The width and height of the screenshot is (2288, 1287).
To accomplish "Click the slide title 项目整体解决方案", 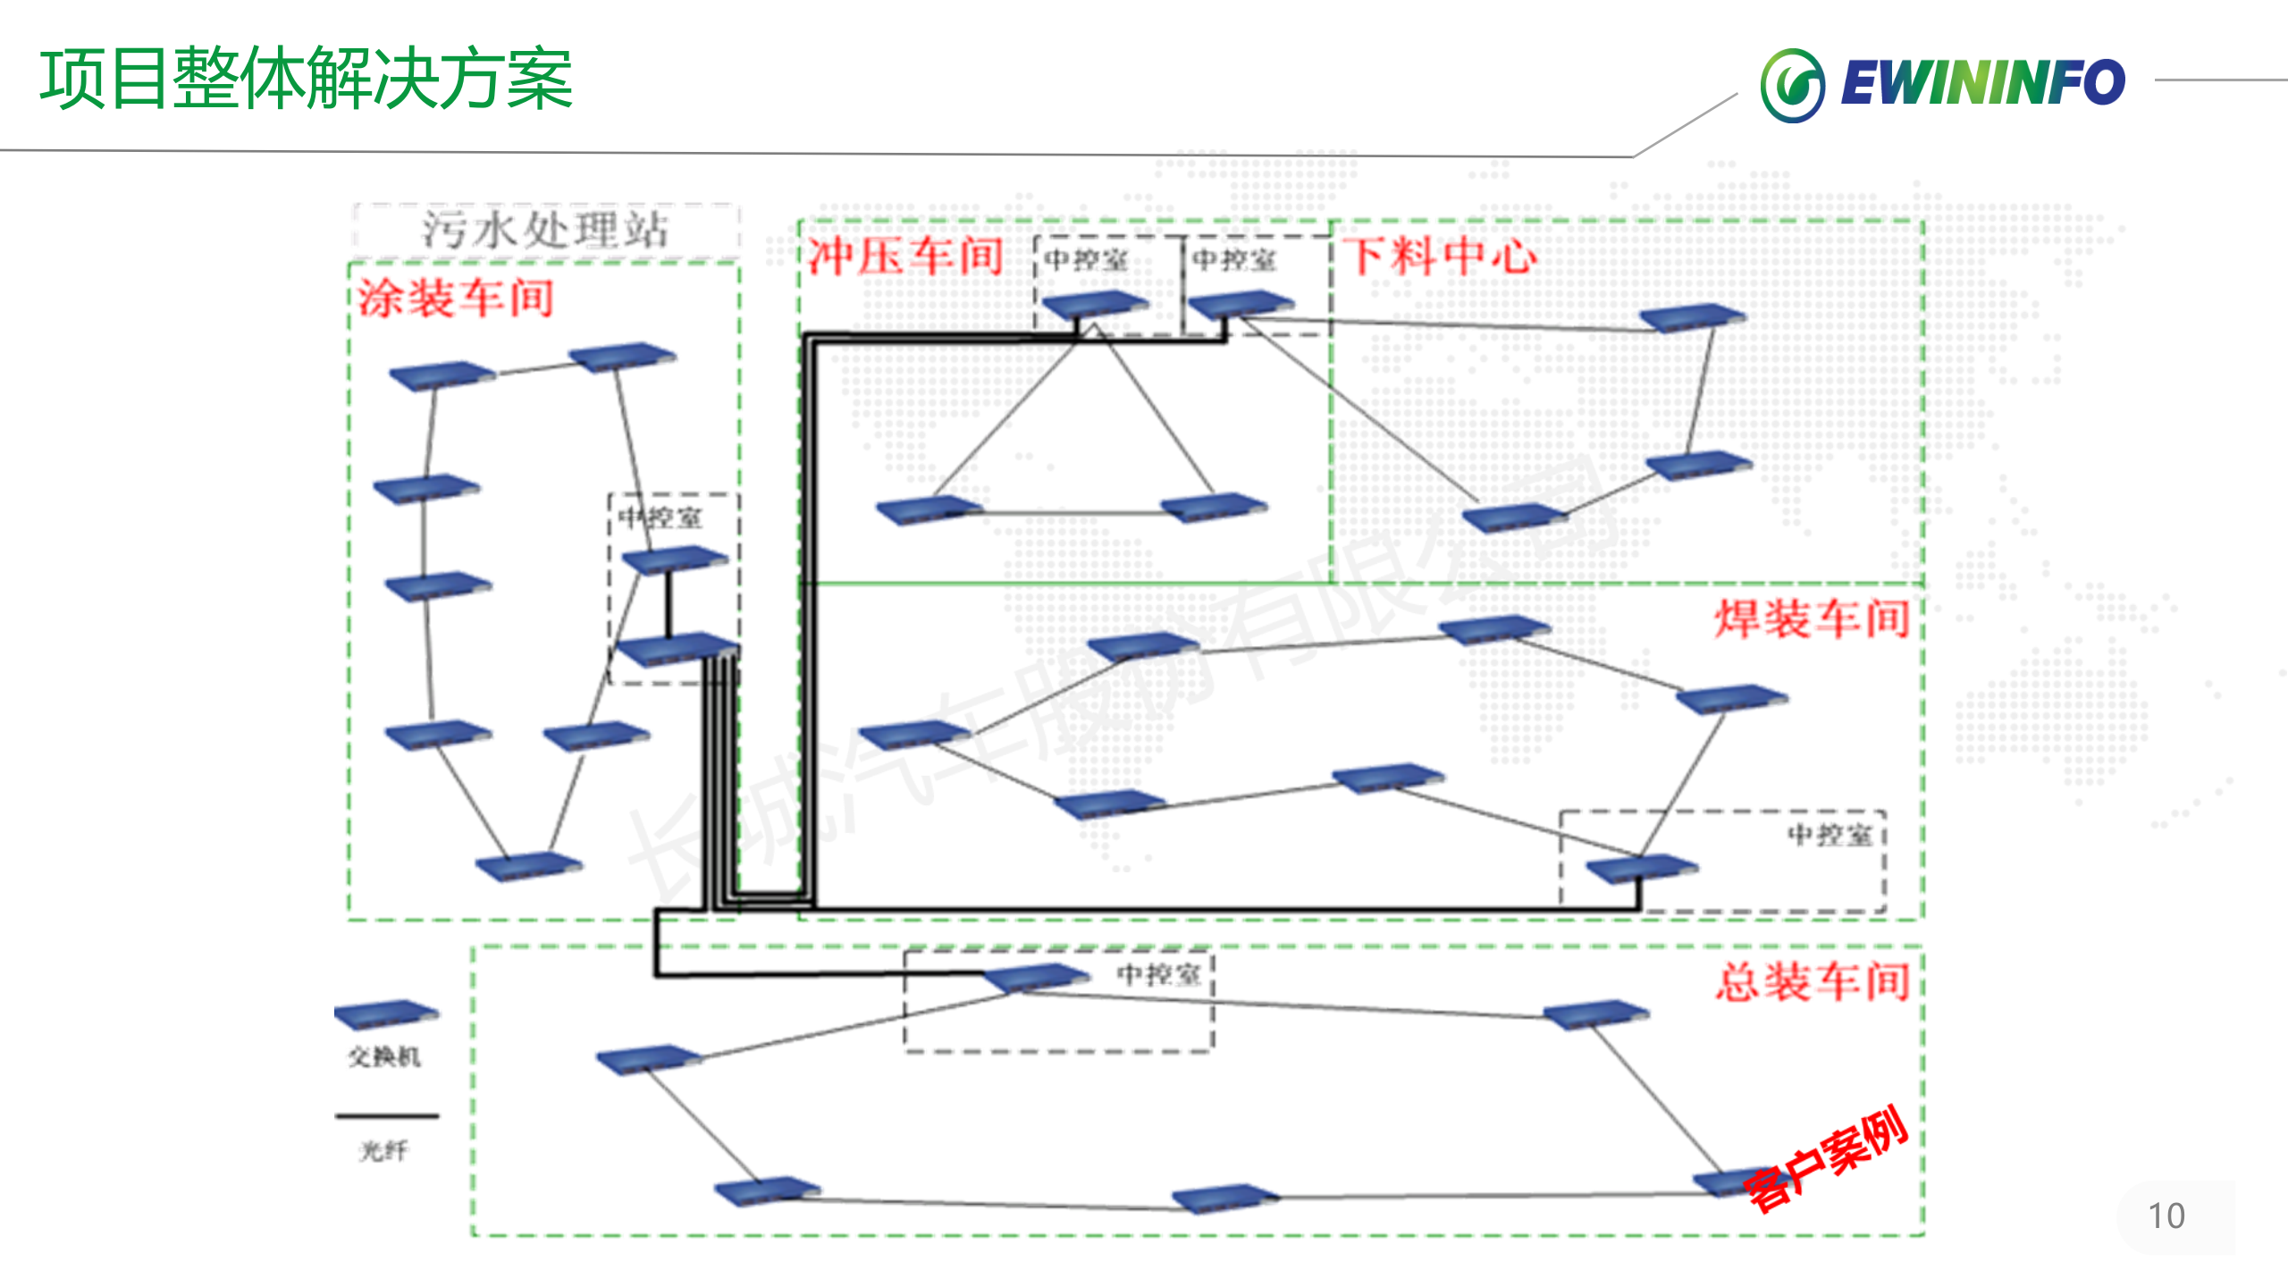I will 306,79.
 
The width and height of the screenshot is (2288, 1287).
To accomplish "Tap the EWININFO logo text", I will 1982,83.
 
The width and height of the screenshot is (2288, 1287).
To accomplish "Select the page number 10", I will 2166,1216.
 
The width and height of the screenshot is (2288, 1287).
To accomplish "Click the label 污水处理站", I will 545,230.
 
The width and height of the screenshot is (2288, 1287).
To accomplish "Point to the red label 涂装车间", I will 456,298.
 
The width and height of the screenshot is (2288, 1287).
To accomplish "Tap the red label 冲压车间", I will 905,257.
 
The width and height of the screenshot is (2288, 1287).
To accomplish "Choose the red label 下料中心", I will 1440,257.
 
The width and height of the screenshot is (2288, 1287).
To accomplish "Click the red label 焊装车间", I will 1812,618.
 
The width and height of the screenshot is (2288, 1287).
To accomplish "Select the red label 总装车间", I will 1813,981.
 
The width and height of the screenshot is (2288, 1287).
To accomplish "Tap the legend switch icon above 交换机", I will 386,1014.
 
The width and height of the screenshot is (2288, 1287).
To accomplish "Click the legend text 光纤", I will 384,1151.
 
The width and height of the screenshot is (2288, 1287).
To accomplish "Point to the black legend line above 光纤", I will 386,1116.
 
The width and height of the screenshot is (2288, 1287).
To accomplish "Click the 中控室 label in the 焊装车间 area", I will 1830,835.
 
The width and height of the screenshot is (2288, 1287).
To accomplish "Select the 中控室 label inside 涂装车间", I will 661,517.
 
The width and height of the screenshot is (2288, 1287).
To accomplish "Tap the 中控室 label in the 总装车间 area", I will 1159,974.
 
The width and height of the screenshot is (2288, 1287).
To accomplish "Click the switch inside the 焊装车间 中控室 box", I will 1641,868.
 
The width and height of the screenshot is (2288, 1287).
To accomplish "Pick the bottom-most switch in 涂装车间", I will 528,865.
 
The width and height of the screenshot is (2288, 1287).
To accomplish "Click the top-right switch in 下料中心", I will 1692,317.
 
